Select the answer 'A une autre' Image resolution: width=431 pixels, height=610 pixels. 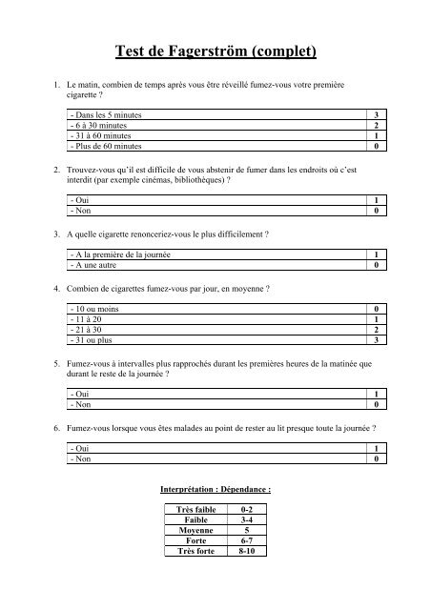[x=93, y=267]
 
